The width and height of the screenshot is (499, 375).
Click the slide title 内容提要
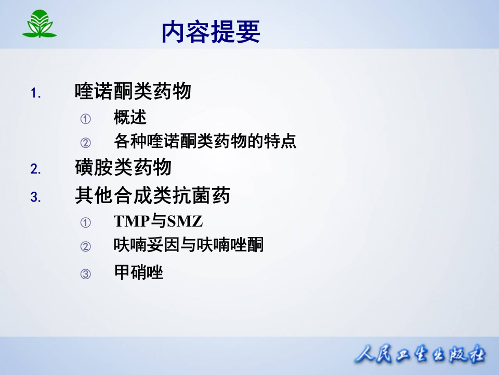tap(211, 32)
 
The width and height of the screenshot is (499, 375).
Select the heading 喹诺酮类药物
tap(133, 92)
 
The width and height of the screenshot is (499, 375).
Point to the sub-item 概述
tap(130, 118)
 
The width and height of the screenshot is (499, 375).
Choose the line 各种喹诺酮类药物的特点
tap(205, 142)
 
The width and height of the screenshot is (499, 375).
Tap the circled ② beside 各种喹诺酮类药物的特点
tap(85, 143)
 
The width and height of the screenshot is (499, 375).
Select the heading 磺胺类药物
tap(123, 168)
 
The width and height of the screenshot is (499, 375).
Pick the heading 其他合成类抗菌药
tap(152, 196)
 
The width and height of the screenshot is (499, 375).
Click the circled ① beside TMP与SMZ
tap(85, 223)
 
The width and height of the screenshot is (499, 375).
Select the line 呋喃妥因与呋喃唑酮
tap(189, 245)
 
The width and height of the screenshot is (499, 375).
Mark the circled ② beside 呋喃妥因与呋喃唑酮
tap(85, 246)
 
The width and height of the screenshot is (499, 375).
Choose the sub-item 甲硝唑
tap(138, 272)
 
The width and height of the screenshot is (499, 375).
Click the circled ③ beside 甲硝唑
tap(85, 274)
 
